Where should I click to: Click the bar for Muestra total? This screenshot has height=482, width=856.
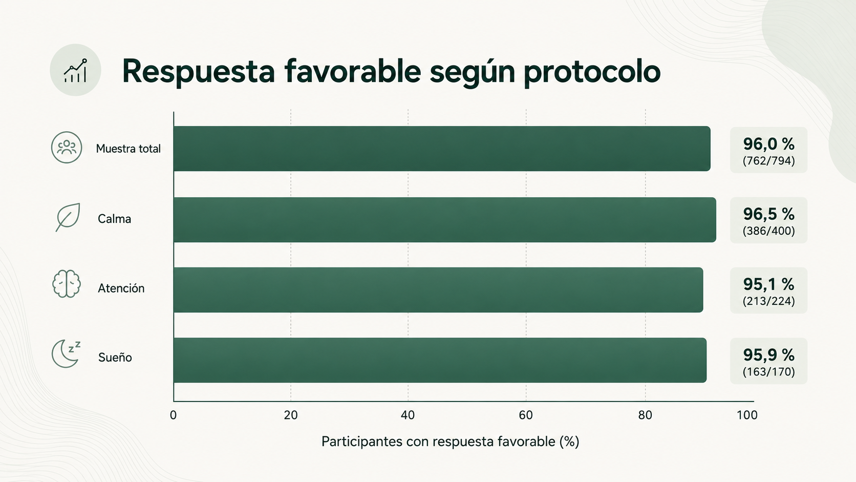click(x=442, y=149)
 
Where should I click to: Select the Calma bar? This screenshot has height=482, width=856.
click(x=445, y=219)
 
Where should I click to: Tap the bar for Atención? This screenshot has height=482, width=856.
click(x=438, y=290)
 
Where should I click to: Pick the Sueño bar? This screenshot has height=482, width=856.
click(x=440, y=360)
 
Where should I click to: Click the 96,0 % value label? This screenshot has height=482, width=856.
click(x=768, y=144)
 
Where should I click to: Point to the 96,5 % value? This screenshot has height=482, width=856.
click(x=768, y=214)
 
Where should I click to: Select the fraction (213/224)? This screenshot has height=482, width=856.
click(x=768, y=301)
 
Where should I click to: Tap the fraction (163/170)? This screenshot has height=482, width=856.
click(x=768, y=371)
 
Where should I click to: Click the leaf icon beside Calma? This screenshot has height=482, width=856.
click(x=68, y=217)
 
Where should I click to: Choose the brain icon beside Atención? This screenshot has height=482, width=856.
click(x=67, y=284)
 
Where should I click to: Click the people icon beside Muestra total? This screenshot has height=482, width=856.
click(x=67, y=148)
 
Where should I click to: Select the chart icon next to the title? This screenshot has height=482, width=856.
click(x=75, y=70)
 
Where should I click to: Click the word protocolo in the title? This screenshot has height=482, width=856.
click(x=592, y=72)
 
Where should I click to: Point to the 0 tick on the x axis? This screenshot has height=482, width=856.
click(x=173, y=415)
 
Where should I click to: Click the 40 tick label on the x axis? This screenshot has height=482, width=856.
click(x=408, y=415)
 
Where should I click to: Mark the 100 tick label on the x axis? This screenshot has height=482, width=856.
click(x=747, y=415)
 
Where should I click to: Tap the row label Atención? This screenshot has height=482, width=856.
click(x=121, y=288)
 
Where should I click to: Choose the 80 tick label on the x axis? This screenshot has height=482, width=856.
click(x=645, y=415)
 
